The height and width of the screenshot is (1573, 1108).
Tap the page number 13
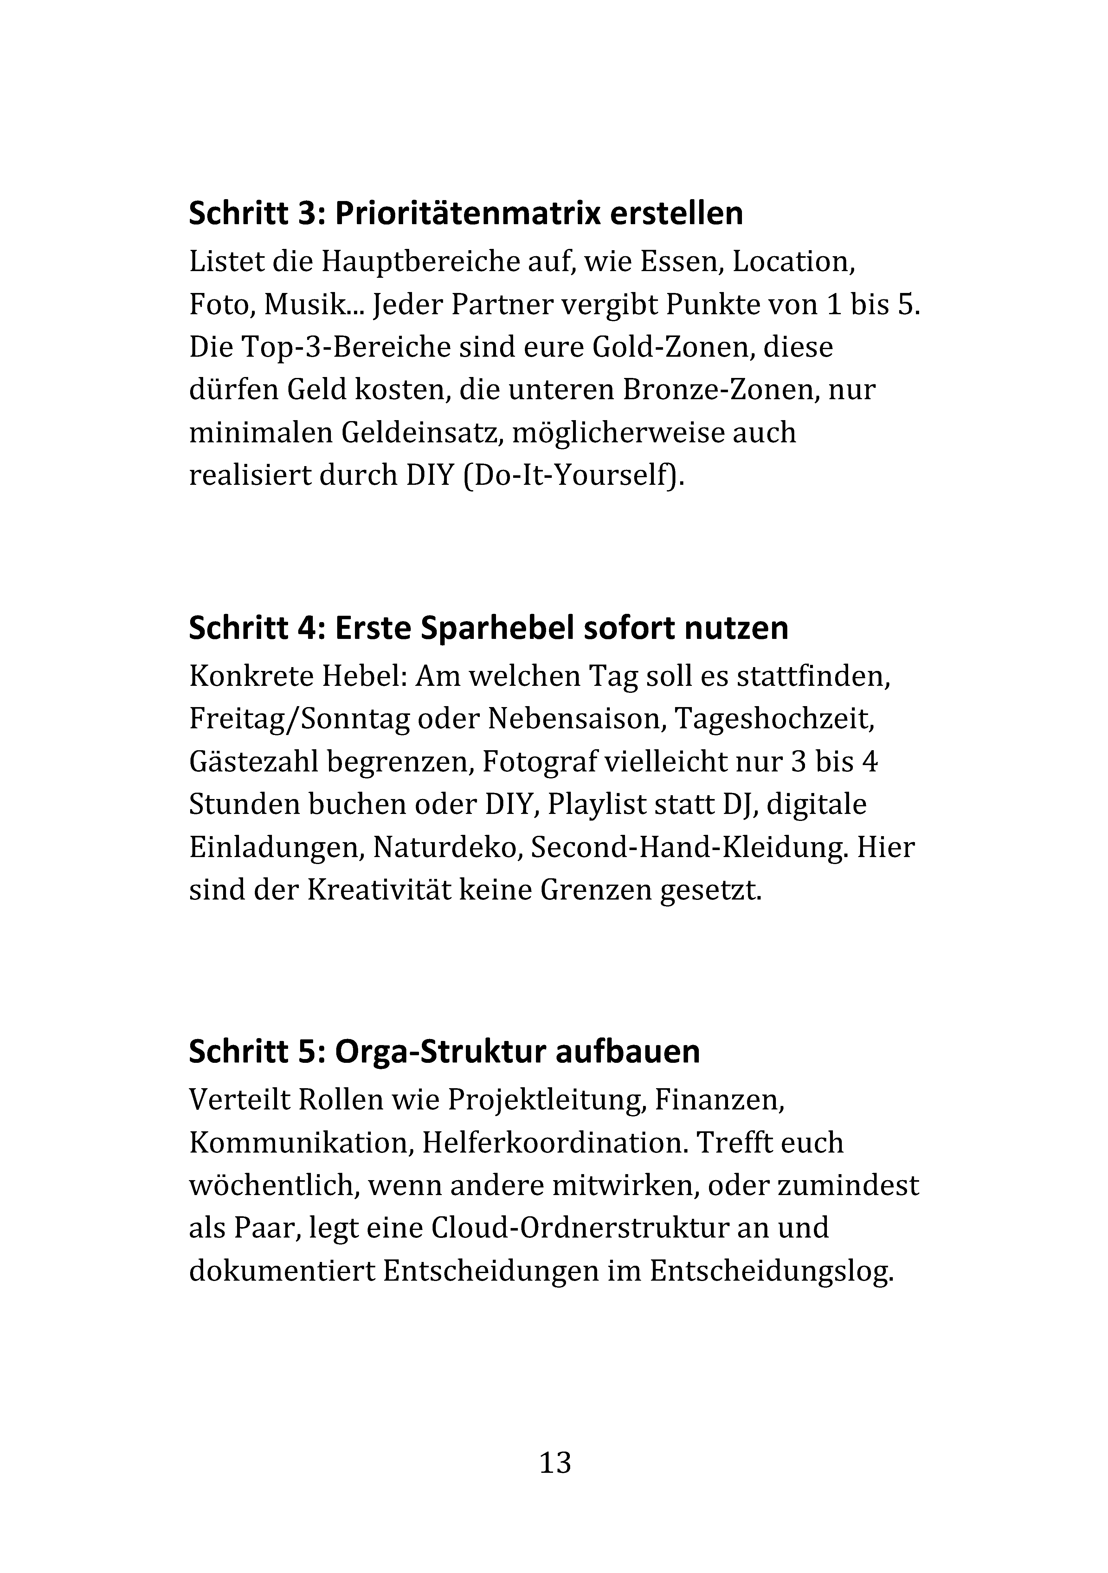[x=555, y=1463]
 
